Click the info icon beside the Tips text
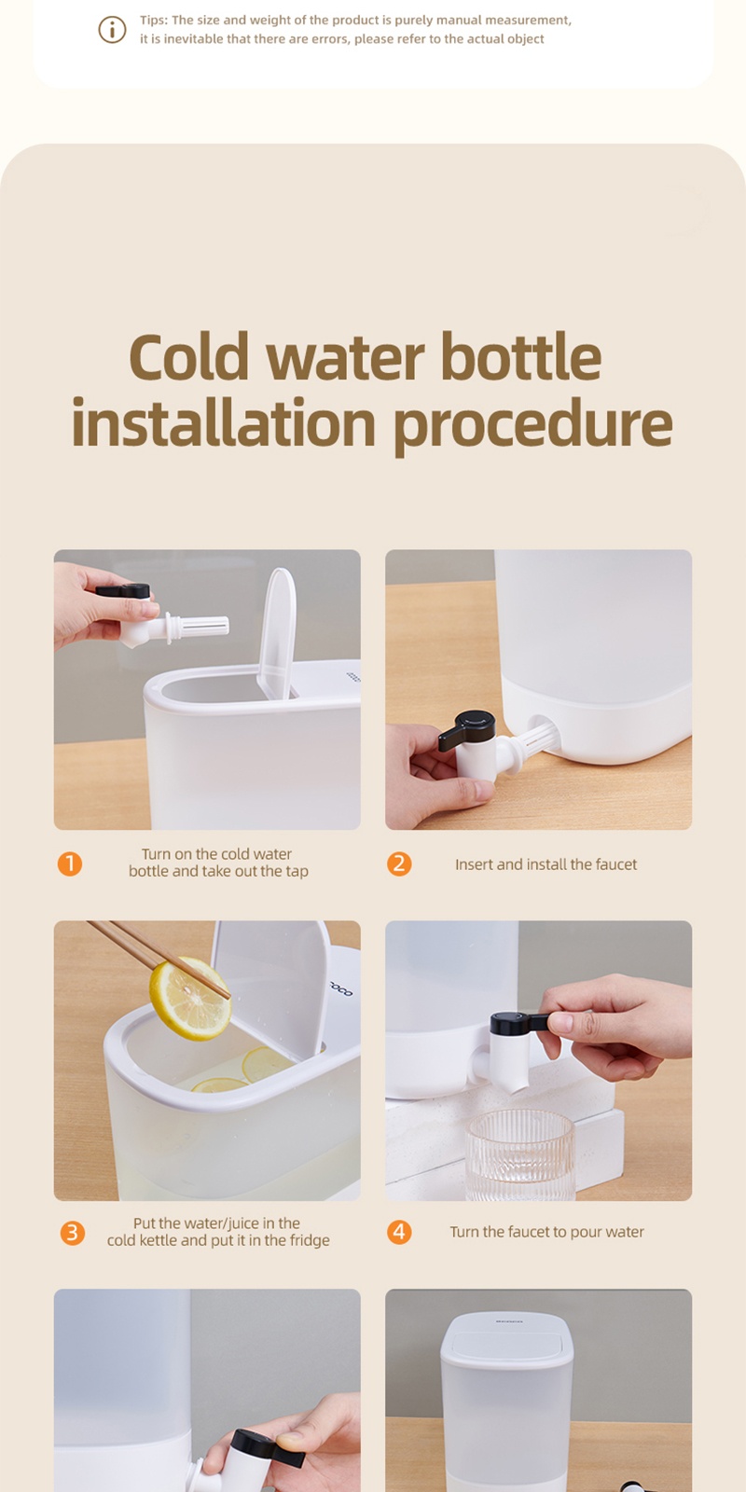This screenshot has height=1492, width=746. pyautogui.click(x=112, y=30)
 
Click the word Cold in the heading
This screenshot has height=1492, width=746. pyautogui.click(x=189, y=358)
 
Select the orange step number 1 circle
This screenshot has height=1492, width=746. pyautogui.click(x=70, y=863)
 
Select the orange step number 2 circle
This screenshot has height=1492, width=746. pyautogui.click(x=399, y=863)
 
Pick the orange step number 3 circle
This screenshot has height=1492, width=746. pyautogui.click(x=72, y=1233)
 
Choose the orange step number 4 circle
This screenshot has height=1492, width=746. pyautogui.click(x=399, y=1232)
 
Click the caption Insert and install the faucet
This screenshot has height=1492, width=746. pyautogui.click(x=546, y=864)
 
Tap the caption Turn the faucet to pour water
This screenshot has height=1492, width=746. pyautogui.click(x=546, y=1232)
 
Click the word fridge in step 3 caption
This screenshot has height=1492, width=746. pyautogui.click(x=309, y=1241)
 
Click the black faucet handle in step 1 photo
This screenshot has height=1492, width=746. pyautogui.click(x=124, y=590)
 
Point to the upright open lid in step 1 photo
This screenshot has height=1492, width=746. pyautogui.click(x=277, y=629)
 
